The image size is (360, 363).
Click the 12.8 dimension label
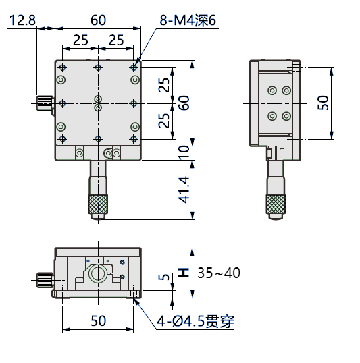tap(23, 20)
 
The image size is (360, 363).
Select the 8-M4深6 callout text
tap(187, 20)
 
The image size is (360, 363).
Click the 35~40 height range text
tap(219, 273)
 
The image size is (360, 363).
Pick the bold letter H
tap(182, 273)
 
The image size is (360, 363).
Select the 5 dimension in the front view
tap(161, 279)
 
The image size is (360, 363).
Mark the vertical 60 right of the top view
tap(182, 103)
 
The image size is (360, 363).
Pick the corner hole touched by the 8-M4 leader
tap(134, 68)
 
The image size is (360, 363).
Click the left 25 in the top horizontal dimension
tap(80, 40)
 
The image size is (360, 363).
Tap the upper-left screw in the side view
tap(272, 90)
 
